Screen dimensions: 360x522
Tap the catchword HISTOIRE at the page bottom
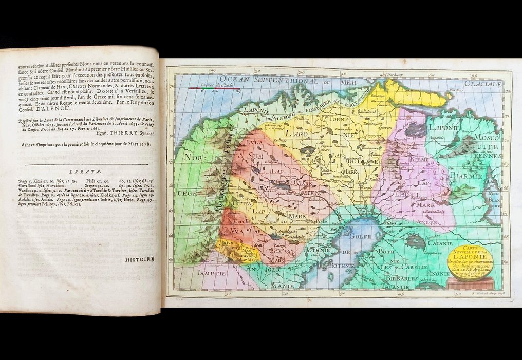point(139,259)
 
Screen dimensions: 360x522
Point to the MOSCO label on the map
point(484,138)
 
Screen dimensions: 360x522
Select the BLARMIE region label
point(467,175)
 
